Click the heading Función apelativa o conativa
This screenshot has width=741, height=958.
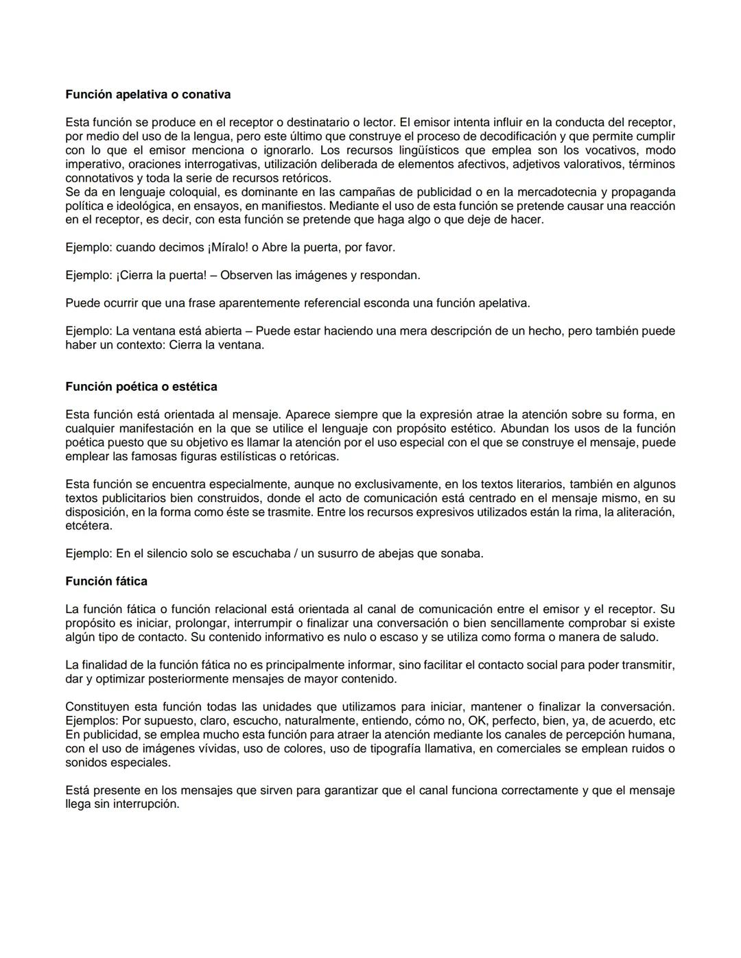pyautogui.click(x=148, y=95)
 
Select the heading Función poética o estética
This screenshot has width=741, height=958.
pyautogui.click(x=141, y=387)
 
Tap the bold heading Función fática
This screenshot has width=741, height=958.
pyautogui.click(x=106, y=582)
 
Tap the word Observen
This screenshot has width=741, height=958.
pyautogui.click(x=246, y=276)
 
